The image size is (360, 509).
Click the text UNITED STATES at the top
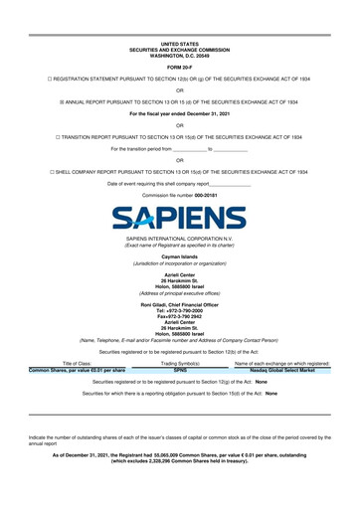[180, 45]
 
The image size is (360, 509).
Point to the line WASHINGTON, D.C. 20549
[180, 55]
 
